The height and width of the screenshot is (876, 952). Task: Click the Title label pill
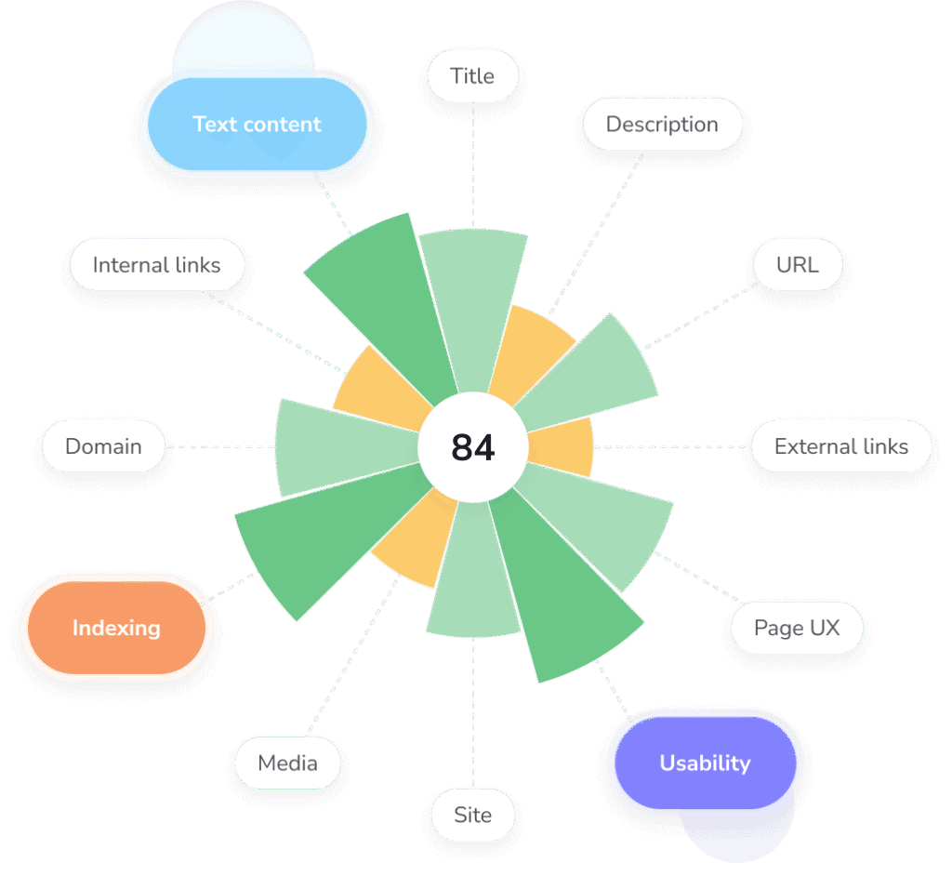pyautogui.click(x=472, y=76)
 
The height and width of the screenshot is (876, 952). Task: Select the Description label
pyautogui.click(x=662, y=125)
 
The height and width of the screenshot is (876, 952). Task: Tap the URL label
pyautogui.click(x=797, y=265)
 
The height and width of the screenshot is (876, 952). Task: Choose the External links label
pyautogui.click(x=840, y=446)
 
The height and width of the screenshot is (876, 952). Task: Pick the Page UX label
pyautogui.click(x=797, y=628)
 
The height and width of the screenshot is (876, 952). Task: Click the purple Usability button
pyautogui.click(x=705, y=763)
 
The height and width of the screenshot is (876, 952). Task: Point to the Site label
pyautogui.click(x=472, y=816)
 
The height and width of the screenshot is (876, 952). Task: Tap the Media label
pyautogui.click(x=287, y=763)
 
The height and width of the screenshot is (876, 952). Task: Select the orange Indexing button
pyautogui.click(x=117, y=628)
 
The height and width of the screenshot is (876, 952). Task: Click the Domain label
pyautogui.click(x=103, y=446)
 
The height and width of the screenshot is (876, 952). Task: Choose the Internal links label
pyautogui.click(x=157, y=265)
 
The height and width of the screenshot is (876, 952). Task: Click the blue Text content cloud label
pyautogui.click(x=257, y=125)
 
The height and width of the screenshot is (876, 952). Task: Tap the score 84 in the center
pyautogui.click(x=473, y=447)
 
